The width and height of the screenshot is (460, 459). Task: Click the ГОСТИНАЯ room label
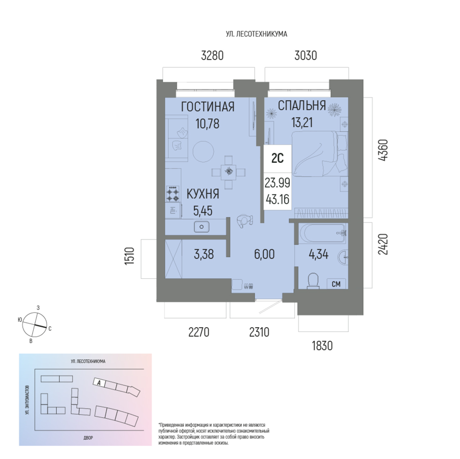coord(208,107)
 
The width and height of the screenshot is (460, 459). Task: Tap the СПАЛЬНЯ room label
coord(302,106)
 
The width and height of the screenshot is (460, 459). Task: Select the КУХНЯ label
coord(203,194)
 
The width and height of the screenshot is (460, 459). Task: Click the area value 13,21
coord(302,122)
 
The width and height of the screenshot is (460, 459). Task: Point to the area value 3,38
coord(204,254)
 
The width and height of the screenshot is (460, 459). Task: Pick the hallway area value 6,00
coord(264,254)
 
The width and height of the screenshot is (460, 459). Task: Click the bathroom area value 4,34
coord(318,254)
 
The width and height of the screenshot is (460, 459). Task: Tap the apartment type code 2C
coord(278,158)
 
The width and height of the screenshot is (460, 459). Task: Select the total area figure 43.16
coord(278,199)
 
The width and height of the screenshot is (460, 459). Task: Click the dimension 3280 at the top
coord(212,55)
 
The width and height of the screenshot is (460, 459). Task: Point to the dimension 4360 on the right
coord(383,150)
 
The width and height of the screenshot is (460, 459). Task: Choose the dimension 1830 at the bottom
coord(322,346)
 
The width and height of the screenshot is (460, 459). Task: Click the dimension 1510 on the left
coord(129,256)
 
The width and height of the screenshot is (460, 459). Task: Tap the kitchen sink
coord(201,227)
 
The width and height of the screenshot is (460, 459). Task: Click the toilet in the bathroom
coord(313,281)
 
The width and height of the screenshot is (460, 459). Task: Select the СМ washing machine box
coord(336,284)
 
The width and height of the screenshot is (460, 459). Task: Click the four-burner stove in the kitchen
coord(173,194)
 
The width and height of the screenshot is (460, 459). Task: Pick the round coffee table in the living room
coord(203,152)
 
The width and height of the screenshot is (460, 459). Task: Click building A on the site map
coord(100,382)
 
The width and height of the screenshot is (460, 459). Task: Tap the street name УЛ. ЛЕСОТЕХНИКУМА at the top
coord(257,34)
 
